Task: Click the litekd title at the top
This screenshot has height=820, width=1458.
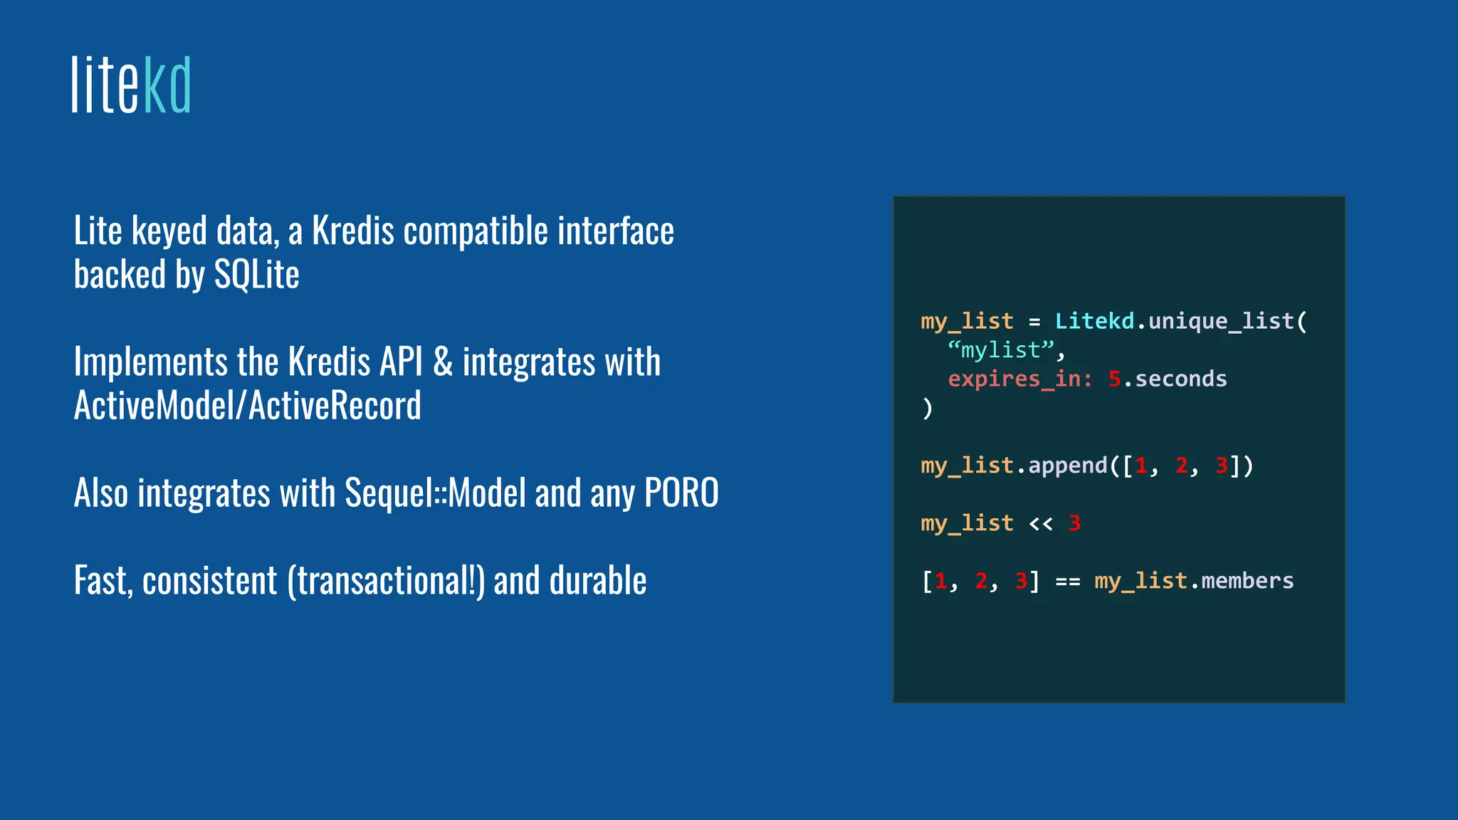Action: tap(132, 85)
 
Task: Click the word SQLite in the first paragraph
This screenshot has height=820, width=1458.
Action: tap(256, 275)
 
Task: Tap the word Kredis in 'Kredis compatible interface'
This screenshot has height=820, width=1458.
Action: tap(353, 231)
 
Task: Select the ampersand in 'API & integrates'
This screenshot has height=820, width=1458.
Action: tap(443, 362)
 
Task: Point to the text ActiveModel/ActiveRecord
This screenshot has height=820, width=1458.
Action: tap(247, 406)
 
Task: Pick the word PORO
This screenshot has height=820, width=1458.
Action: tap(681, 493)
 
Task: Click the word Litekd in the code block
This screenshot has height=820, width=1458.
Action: tap(1094, 321)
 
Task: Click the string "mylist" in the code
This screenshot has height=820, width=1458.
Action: tap(1000, 350)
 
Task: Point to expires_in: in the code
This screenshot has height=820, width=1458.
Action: tap(1019, 379)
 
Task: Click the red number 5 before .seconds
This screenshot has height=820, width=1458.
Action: tap(1114, 379)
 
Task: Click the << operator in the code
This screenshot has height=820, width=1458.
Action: tap(1040, 524)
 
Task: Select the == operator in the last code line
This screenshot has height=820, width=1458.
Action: tap(1067, 582)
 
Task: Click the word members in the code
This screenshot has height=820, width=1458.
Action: tap(1247, 582)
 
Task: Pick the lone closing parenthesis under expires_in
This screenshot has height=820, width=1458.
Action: tap(926, 409)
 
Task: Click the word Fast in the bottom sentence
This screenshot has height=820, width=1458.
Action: tap(103, 581)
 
